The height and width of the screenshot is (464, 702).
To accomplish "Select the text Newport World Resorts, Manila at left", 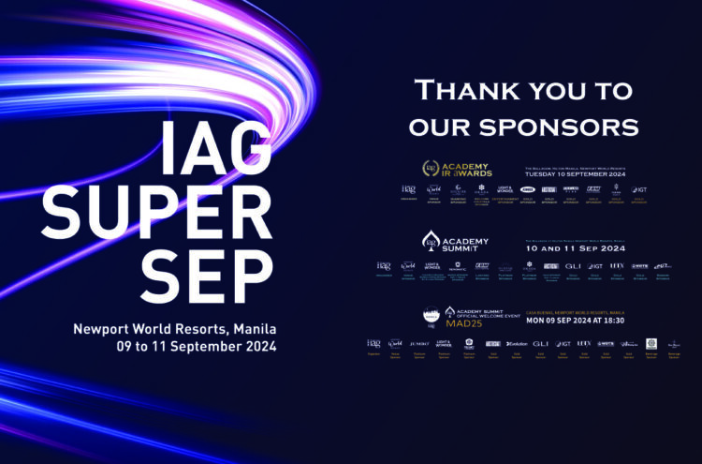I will [x=174, y=329].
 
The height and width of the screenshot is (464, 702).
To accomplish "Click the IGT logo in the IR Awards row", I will [x=639, y=189].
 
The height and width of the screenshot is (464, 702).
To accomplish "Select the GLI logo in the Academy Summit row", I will [x=573, y=265].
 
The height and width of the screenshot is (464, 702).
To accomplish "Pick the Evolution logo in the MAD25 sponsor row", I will [x=517, y=344].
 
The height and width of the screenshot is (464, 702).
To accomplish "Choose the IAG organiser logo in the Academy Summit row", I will [x=384, y=265].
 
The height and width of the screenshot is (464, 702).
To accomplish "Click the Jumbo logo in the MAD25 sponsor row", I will [x=418, y=344].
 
